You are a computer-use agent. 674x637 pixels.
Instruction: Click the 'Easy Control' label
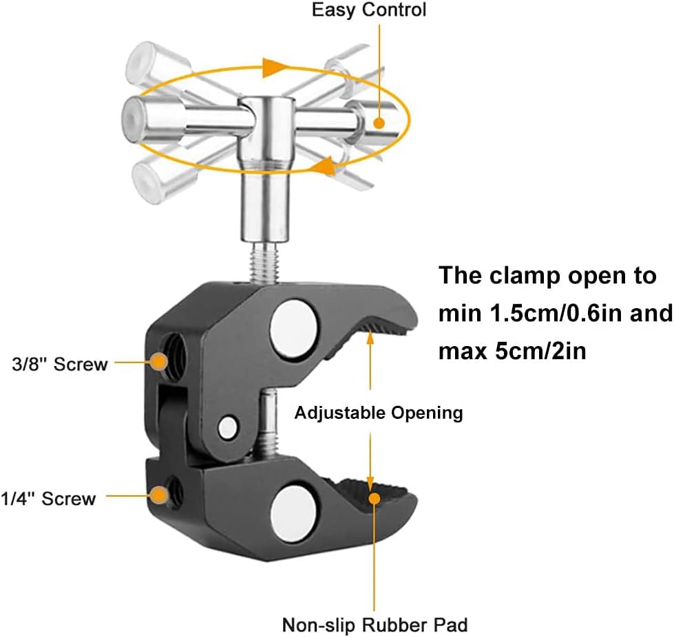pos(369,10)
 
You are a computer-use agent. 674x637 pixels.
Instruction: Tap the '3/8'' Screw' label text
pos(60,364)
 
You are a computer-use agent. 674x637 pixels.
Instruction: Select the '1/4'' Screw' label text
pos(48,499)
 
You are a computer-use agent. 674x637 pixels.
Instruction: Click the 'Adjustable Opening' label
pos(378,413)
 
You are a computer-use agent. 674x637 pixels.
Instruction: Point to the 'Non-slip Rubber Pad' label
pos(375,625)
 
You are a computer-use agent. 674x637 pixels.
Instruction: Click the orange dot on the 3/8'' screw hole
pos(160,362)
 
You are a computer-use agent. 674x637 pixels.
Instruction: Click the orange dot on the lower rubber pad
pos(375,498)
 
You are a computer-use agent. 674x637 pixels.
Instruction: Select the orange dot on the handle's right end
pos(379,123)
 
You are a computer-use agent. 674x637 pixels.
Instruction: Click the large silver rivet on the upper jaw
pos(293,330)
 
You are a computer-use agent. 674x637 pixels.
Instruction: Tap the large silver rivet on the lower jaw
pos(294,514)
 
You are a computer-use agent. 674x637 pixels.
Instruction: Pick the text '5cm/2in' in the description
pos(540,351)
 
